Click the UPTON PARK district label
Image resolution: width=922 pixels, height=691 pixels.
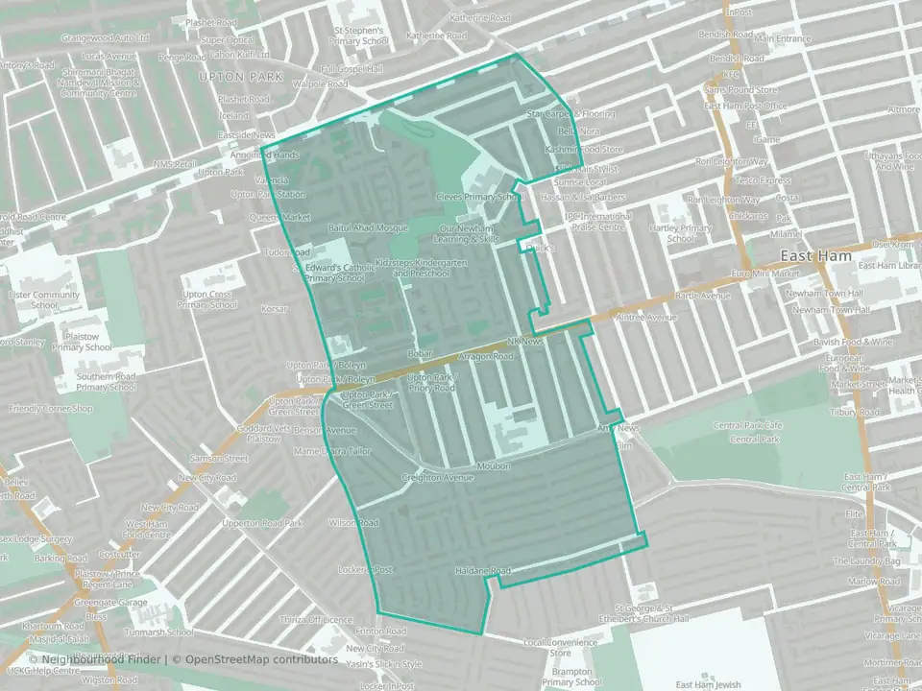click(x=230, y=76)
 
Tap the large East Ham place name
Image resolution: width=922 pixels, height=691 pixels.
click(x=812, y=257)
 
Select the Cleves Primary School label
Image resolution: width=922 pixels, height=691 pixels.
click(x=478, y=197)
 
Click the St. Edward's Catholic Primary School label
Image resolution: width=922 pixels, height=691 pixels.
click(x=334, y=272)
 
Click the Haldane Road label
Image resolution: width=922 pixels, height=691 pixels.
click(x=482, y=571)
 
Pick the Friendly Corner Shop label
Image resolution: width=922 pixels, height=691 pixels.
click(x=50, y=409)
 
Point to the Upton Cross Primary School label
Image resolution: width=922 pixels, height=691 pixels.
click(x=206, y=299)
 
